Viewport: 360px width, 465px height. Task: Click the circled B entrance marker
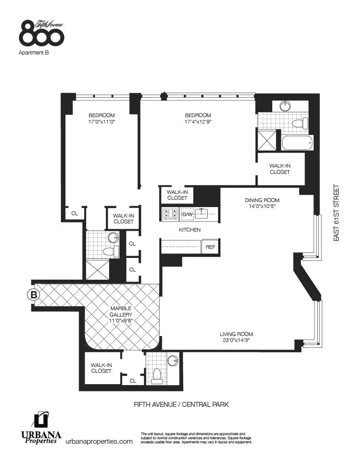(x=33, y=295)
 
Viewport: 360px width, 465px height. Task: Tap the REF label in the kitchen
(x=210, y=247)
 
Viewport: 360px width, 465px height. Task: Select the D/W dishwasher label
(x=187, y=214)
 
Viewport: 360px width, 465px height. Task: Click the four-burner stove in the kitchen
(x=170, y=213)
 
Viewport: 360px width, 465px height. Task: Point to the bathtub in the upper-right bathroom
(x=297, y=143)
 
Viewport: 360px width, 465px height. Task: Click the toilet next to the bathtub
(x=300, y=123)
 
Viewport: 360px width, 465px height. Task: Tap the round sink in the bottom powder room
(x=173, y=361)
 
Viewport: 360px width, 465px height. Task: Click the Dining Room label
(x=262, y=200)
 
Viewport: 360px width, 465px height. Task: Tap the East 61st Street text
(x=337, y=212)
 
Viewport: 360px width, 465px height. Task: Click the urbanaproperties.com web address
(x=99, y=441)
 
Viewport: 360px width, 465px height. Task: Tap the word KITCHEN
(x=190, y=230)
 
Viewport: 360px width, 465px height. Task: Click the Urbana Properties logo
(x=41, y=429)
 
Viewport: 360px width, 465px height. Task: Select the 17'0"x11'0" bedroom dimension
(x=101, y=122)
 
